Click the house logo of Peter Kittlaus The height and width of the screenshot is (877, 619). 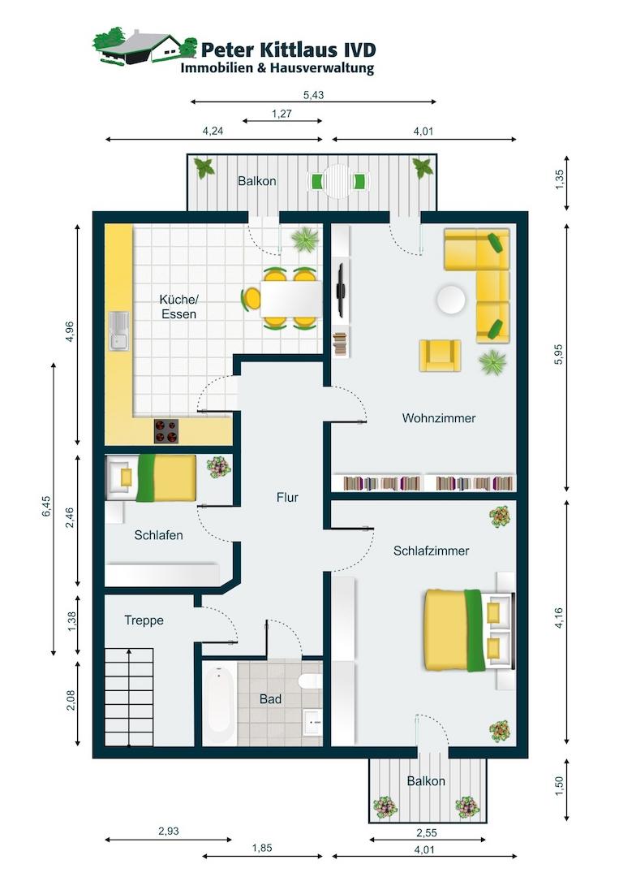[144, 46]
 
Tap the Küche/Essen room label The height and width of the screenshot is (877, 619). [178, 306]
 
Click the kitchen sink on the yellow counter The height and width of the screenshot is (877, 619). [119, 331]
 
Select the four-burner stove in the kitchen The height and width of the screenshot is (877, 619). [166, 431]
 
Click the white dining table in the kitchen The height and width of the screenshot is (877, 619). [291, 299]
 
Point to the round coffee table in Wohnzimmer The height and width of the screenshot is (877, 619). [451, 300]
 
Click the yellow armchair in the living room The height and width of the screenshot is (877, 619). [441, 356]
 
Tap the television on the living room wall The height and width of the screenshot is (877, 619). [340, 290]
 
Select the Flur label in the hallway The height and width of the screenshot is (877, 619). [287, 497]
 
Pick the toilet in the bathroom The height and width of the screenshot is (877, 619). [310, 681]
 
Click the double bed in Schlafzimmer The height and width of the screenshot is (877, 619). [468, 629]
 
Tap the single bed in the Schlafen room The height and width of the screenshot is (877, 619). [152, 477]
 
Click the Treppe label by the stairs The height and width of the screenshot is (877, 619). [144, 620]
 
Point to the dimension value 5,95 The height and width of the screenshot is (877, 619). [559, 354]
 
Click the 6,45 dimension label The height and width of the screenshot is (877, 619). [46, 507]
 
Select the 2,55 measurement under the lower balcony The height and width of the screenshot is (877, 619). [427, 833]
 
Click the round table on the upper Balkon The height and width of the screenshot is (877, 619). [338, 181]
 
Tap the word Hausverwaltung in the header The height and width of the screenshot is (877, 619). [322, 69]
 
